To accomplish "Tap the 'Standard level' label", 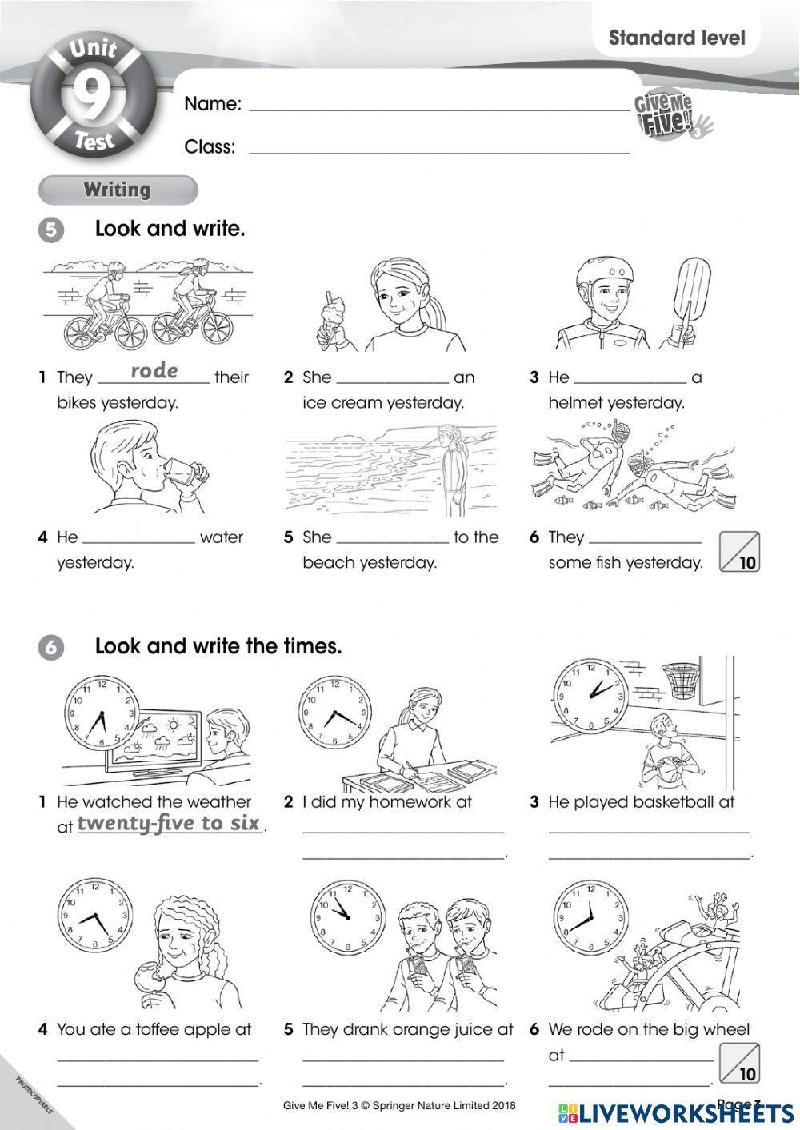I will tap(676, 38).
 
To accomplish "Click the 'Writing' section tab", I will tap(118, 190).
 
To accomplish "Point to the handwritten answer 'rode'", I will tap(154, 371).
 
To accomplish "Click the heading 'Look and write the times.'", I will tap(218, 646).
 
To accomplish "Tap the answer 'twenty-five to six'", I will tap(169, 824).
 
